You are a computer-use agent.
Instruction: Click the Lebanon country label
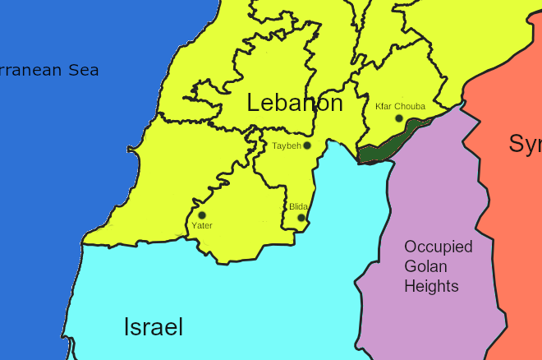pos(295,104)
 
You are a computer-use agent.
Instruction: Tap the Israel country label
pos(153,327)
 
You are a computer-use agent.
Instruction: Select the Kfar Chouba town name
pos(400,106)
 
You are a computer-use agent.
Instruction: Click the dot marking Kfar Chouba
pos(399,118)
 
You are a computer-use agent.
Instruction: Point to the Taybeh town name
pos(287,146)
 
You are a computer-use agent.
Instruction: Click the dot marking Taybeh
pos(307,145)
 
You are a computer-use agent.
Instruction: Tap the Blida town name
pos(298,207)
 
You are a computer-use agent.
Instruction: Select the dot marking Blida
pos(301,218)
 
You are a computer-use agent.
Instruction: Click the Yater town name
pos(201,225)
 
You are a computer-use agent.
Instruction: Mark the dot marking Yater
pos(202,215)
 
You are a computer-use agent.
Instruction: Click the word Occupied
pos(438,247)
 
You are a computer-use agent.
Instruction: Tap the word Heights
pos(430,286)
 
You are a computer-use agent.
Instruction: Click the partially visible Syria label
pos(525,144)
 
